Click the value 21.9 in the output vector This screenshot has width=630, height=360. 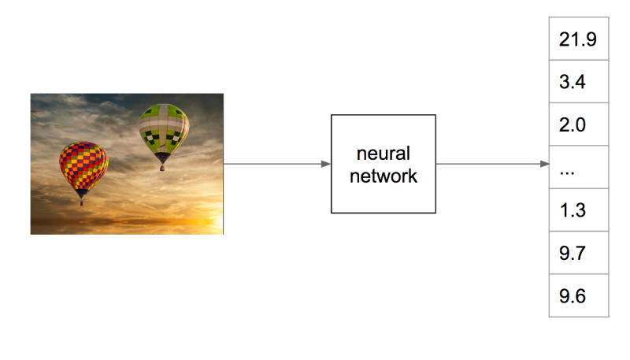578,39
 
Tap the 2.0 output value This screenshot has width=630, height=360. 573,125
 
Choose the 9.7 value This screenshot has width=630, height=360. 573,253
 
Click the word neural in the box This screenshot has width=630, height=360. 384,154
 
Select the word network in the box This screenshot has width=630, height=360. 384,176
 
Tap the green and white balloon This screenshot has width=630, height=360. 164,128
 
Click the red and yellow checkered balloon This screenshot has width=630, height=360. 83,165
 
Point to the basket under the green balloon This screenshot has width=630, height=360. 162,168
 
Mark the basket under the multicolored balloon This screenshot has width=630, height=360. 82,202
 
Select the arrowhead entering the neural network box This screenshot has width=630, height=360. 326,164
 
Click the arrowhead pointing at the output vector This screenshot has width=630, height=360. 544,164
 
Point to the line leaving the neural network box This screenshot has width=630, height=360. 493,164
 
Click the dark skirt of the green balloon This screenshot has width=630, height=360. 162,157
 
